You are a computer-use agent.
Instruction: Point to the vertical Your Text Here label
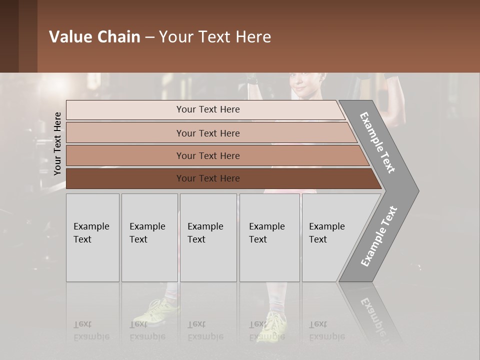pyautogui.click(x=57, y=143)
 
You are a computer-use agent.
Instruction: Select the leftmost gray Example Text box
pyautogui.click(x=92, y=237)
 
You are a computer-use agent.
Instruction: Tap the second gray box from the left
pyautogui.click(x=149, y=237)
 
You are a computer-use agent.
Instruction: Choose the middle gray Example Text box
pyautogui.click(x=208, y=237)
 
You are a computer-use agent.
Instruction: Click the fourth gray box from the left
pyautogui.click(x=269, y=237)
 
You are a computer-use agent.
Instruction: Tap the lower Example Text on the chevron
pyautogui.click(x=379, y=236)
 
